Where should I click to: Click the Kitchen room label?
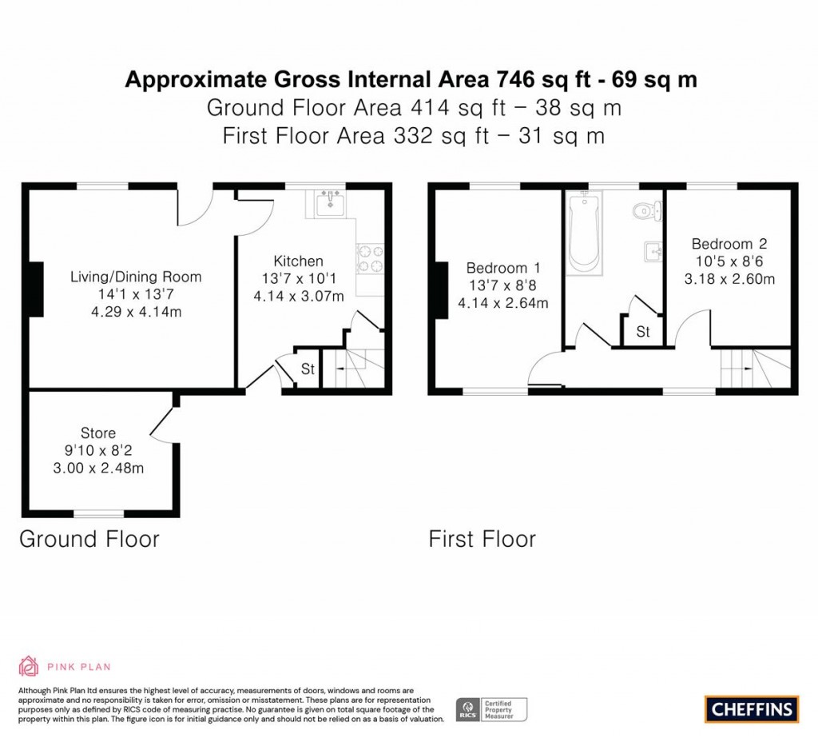(298, 261)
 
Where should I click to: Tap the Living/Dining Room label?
(136, 277)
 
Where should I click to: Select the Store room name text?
(97, 433)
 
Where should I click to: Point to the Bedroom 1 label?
(497, 268)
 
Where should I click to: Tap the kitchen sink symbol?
(329, 203)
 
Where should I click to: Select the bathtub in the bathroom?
(583, 232)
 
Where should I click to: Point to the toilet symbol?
(645, 211)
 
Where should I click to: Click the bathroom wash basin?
(653, 252)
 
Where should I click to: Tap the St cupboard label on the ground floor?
(308, 369)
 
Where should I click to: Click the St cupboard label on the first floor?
(643, 331)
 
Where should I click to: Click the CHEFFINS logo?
(751, 708)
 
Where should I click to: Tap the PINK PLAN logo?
(65, 666)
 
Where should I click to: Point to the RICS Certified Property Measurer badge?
(491, 708)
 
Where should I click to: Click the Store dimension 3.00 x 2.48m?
(97, 469)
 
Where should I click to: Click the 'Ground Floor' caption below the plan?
(89, 539)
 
